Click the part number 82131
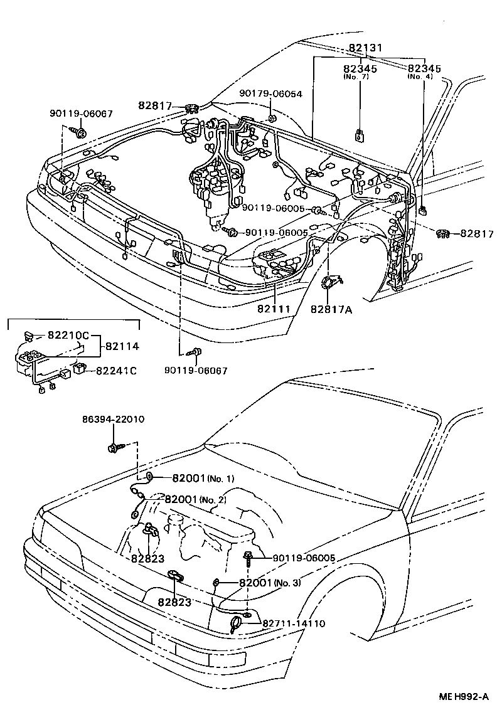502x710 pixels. pyautogui.click(x=366, y=48)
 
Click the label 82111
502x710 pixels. pyautogui.click(x=273, y=309)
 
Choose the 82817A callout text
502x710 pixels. pyautogui.click(x=331, y=309)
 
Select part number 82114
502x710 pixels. pyautogui.click(x=122, y=346)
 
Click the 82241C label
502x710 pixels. pyautogui.click(x=116, y=371)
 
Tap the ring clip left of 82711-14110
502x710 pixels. pyautogui.click(x=237, y=624)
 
